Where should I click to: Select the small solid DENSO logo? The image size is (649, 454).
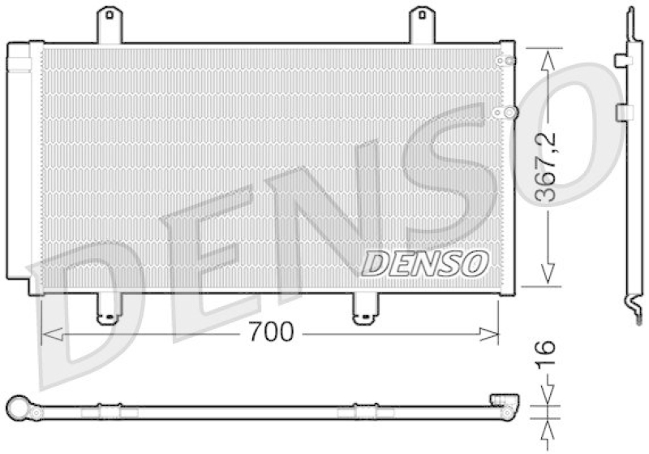(424, 262)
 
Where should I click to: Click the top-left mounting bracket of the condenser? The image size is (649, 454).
(109, 24)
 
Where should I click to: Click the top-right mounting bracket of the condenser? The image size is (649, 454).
(421, 24)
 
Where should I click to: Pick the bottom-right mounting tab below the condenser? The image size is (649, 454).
(363, 309)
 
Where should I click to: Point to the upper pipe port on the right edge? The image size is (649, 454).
(506, 60)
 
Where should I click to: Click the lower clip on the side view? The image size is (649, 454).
(625, 112)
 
